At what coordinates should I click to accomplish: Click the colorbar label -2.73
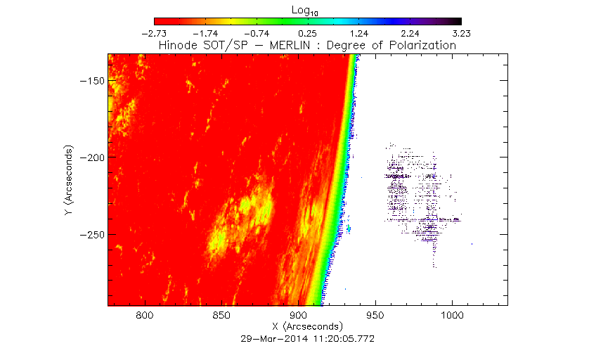tap(154, 33)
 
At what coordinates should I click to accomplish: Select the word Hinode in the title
tap(177, 45)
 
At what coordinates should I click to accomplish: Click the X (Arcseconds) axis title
tap(307, 327)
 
